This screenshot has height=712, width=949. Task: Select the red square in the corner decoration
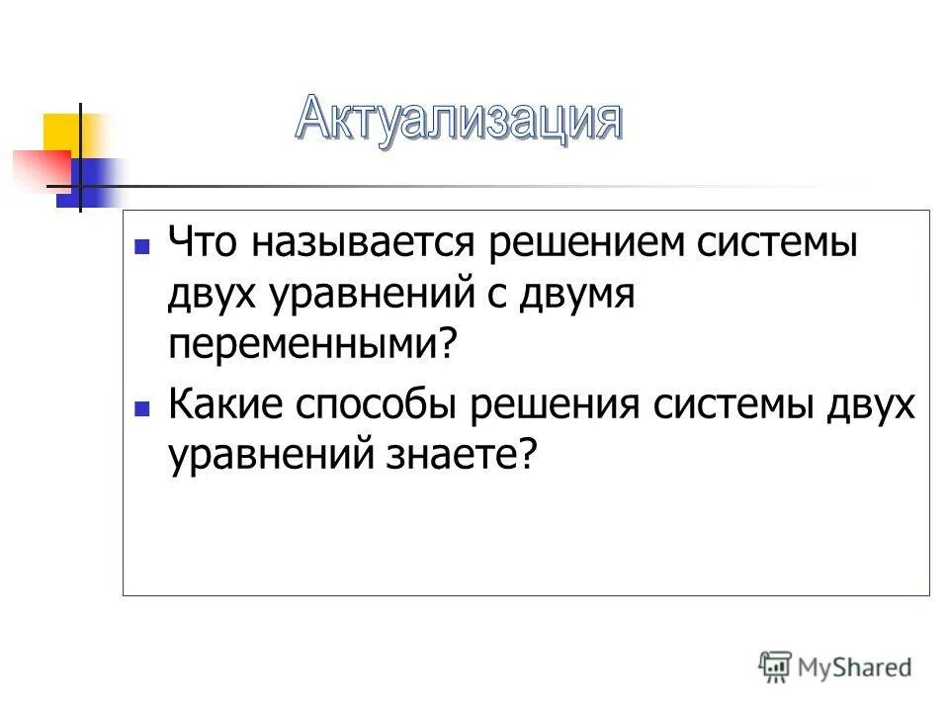pos(38,168)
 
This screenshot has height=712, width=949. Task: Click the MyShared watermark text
pos(856,667)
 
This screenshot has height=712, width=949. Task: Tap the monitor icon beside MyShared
pos(777,667)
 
